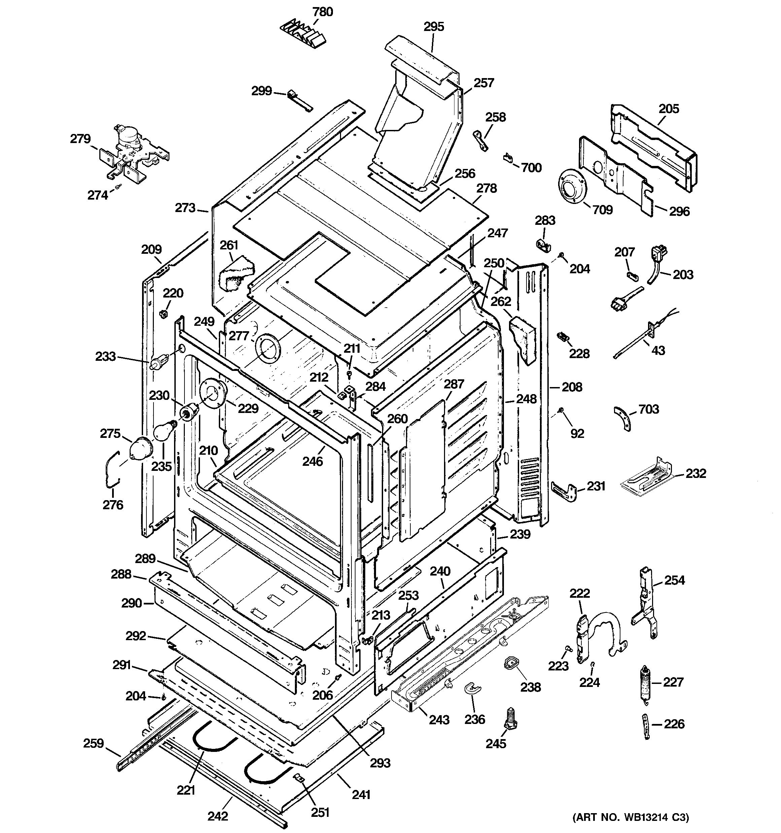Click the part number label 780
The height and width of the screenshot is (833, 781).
(x=322, y=12)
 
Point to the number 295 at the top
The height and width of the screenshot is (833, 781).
(x=434, y=27)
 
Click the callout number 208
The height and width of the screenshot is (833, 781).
(x=572, y=387)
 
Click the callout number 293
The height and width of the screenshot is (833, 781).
(x=380, y=763)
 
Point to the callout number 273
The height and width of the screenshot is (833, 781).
(x=185, y=208)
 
